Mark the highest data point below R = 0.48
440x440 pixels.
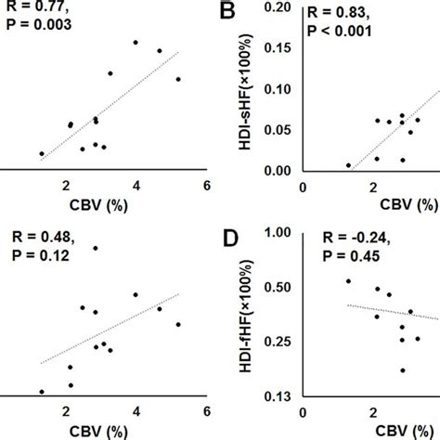point(96,248)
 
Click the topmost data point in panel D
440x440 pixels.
point(348,280)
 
